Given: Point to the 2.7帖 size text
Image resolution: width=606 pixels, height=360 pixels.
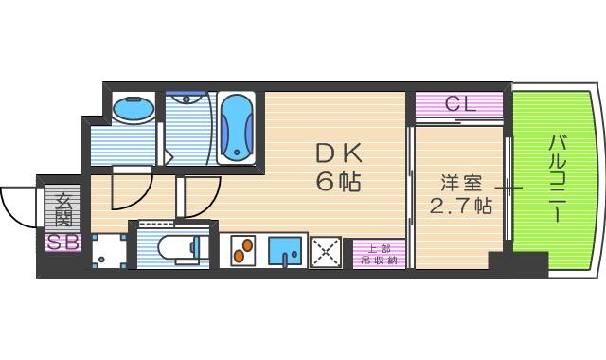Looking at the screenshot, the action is (460, 206).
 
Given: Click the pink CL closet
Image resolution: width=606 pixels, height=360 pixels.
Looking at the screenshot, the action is (459, 104).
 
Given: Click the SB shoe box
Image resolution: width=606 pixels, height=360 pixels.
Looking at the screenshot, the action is (63, 242).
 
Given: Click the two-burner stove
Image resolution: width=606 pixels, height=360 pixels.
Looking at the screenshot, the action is (243, 250).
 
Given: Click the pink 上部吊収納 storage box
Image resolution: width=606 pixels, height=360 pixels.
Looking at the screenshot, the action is (380, 250).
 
